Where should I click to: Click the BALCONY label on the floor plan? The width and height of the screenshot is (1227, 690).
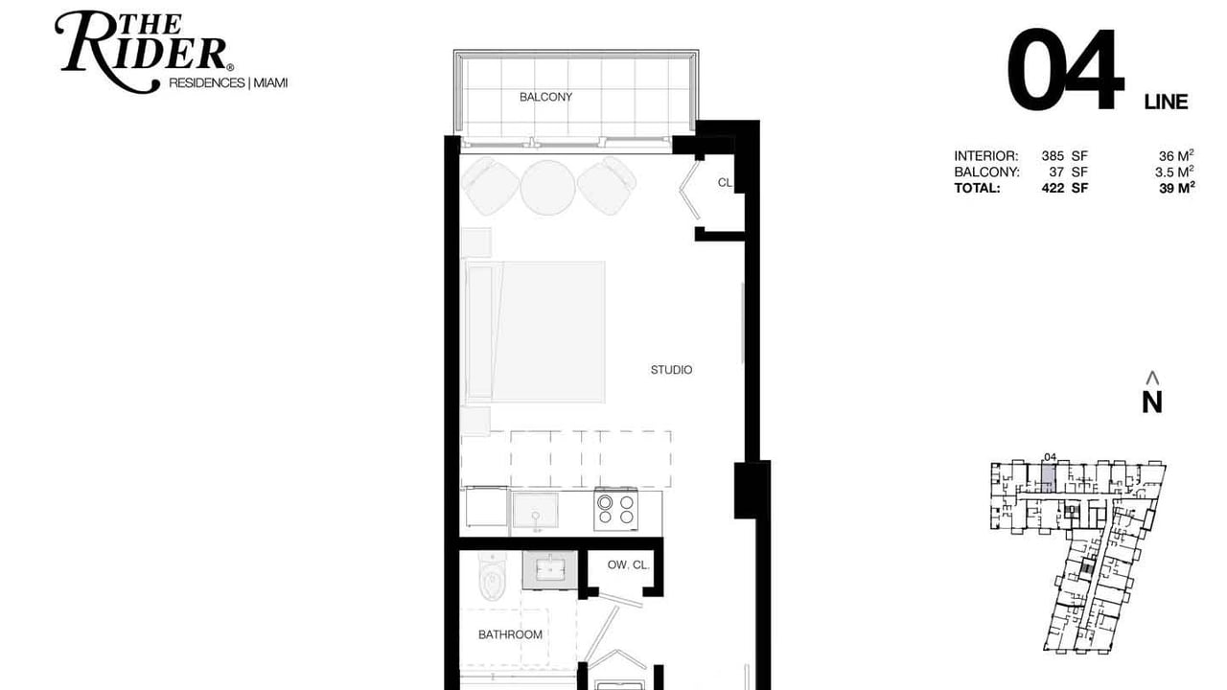coord(545,97)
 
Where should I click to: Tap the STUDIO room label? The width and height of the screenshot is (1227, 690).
coord(671,370)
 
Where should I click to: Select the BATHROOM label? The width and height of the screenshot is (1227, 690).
coord(510,634)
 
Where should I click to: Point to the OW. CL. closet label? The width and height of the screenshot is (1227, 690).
coord(628,564)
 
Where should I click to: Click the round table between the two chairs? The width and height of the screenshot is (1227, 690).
coord(547,187)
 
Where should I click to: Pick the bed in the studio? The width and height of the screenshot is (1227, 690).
coord(535,332)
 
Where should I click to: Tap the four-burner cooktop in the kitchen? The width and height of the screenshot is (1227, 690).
coord(615,510)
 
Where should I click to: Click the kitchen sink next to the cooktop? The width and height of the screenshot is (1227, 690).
coord(535,512)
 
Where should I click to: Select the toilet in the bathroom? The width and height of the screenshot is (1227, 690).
coord(493,576)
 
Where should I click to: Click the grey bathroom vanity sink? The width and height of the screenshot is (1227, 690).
coord(550,570)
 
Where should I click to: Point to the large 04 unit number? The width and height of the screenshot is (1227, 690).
coord(1065,70)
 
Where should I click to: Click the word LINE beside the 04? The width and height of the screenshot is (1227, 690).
coord(1166,102)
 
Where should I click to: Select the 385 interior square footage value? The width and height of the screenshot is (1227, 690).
coord(1053,156)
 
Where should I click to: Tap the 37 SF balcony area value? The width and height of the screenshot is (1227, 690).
coord(1068,172)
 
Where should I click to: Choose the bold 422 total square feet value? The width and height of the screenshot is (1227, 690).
coord(1053,188)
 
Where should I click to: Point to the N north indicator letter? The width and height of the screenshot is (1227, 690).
coord(1152,402)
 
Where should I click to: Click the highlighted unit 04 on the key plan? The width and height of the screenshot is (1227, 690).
coord(1048,477)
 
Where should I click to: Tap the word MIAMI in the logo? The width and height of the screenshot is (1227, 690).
coord(270,82)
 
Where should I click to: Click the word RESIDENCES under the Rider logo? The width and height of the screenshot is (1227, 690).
coord(206,82)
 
